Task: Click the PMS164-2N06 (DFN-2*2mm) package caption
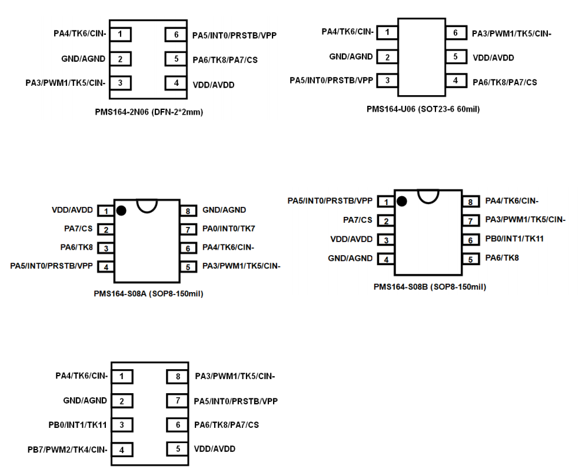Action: [x=149, y=112]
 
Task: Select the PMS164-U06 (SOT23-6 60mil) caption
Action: [x=423, y=109]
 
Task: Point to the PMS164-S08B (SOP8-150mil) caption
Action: [x=430, y=287]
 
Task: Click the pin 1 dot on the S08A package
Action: [x=121, y=210]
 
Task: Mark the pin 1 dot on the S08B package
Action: [x=402, y=202]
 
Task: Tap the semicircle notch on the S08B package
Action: [x=428, y=196]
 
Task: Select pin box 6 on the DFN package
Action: [x=176, y=35]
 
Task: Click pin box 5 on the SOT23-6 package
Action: [x=455, y=57]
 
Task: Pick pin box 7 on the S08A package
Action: [x=187, y=229]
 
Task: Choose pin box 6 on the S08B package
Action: [x=470, y=240]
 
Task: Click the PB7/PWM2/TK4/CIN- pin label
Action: [x=68, y=450]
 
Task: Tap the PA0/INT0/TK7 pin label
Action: [x=228, y=229]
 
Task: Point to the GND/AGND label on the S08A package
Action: [x=224, y=210]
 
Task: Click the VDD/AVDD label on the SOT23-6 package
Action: [x=493, y=58]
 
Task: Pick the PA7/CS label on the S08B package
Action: [x=358, y=220]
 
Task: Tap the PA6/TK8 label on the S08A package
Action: [x=77, y=248]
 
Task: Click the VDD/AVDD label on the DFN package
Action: [x=213, y=85]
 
